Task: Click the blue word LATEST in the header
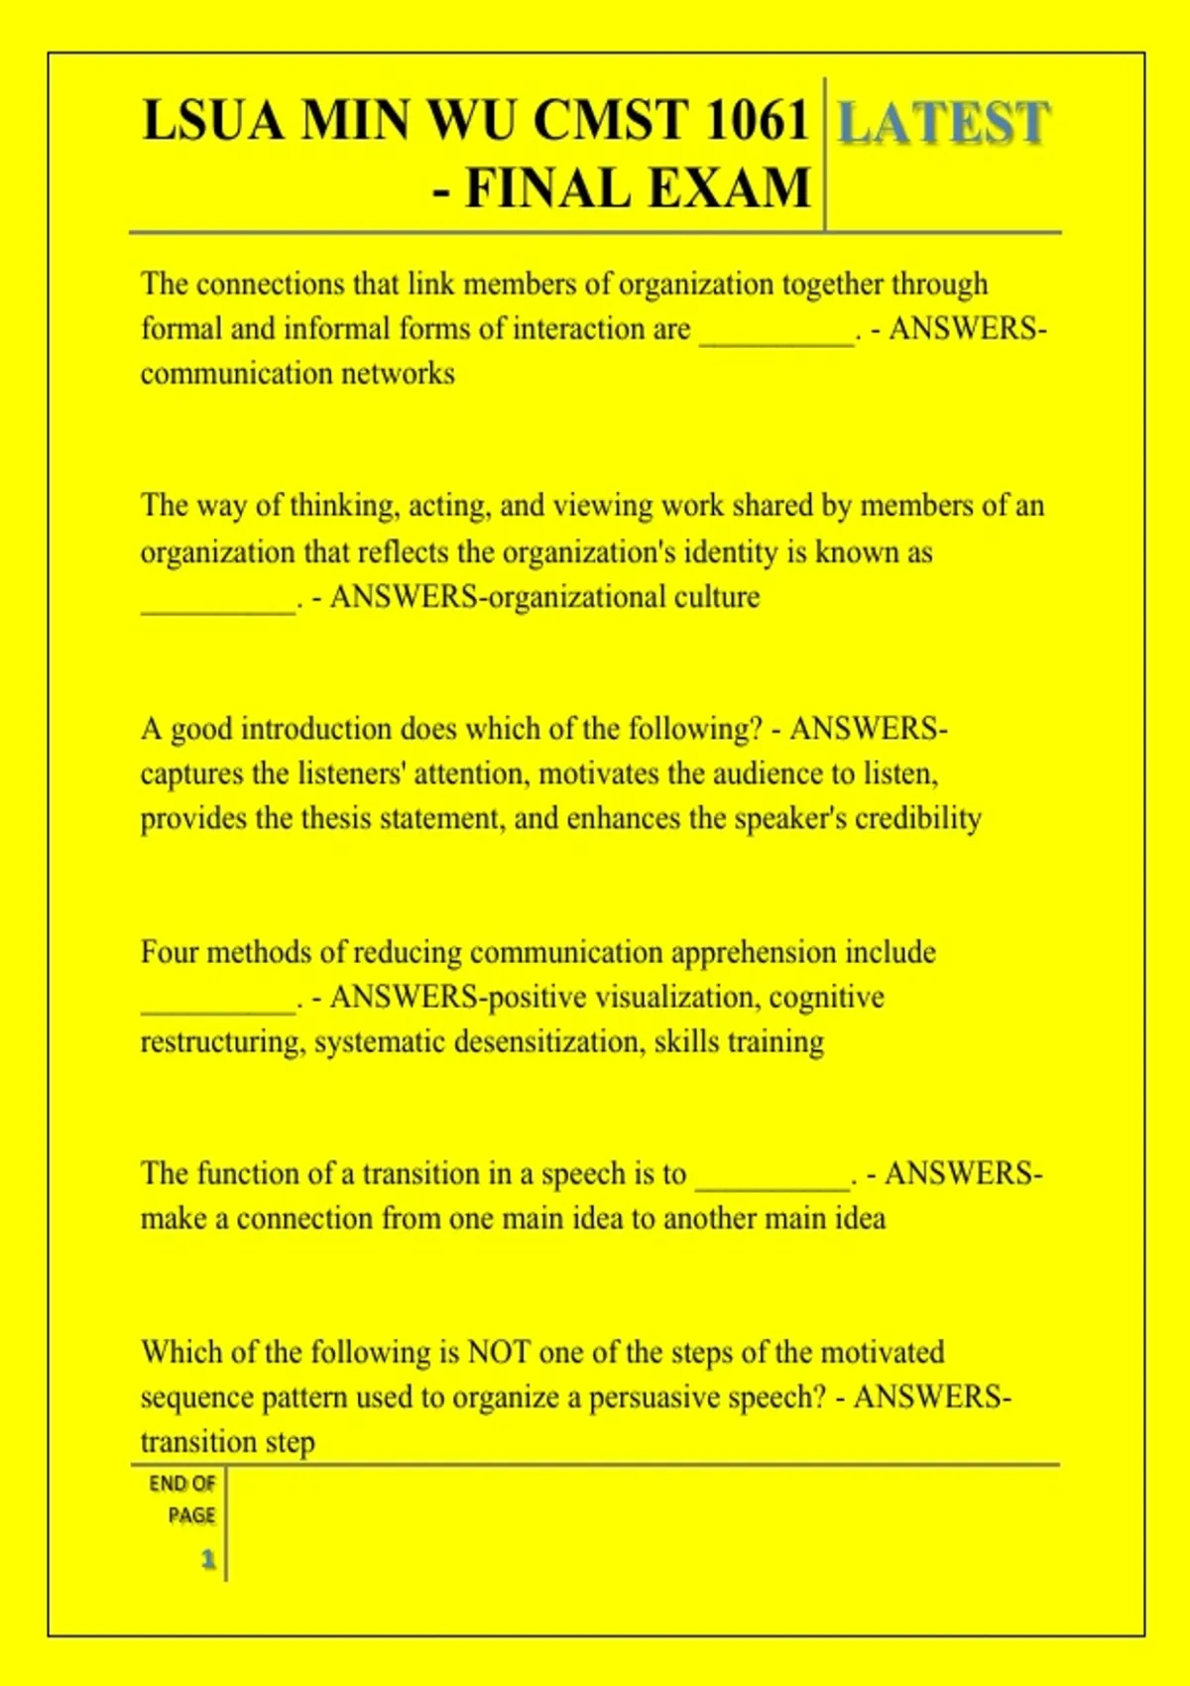coord(943,123)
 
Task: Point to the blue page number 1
coord(208,1560)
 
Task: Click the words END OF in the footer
coord(182,1484)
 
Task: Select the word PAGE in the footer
coord(191,1515)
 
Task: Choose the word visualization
coord(675,997)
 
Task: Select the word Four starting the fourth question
coord(170,952)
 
